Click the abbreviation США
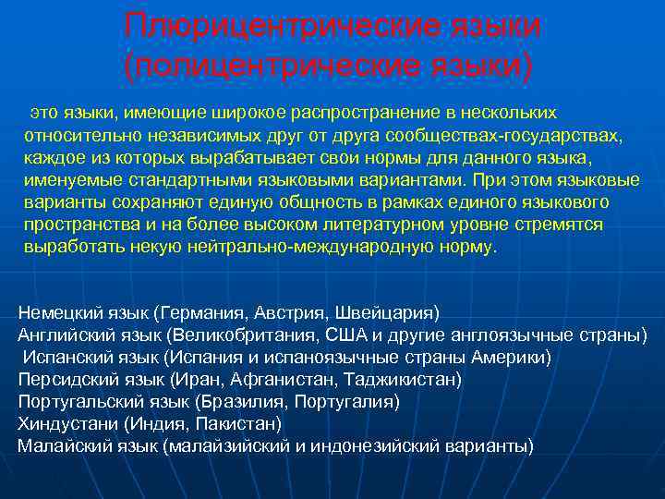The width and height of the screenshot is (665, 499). click(345, 334)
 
